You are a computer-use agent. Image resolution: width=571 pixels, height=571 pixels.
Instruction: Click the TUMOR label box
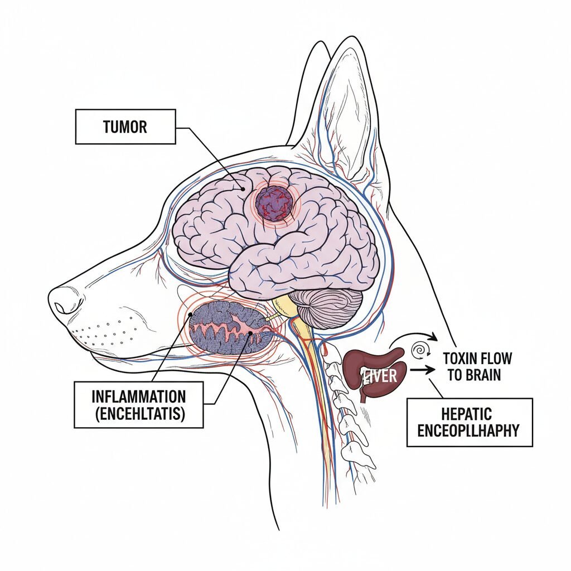[x=125, y=127]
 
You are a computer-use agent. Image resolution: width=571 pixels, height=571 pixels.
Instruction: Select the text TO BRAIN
[x=474, y=374]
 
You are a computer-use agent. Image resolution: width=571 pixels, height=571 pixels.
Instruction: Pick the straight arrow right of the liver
[x=424, y=369]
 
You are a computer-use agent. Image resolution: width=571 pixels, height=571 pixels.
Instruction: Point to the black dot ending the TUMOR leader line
[x=244, y=188]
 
